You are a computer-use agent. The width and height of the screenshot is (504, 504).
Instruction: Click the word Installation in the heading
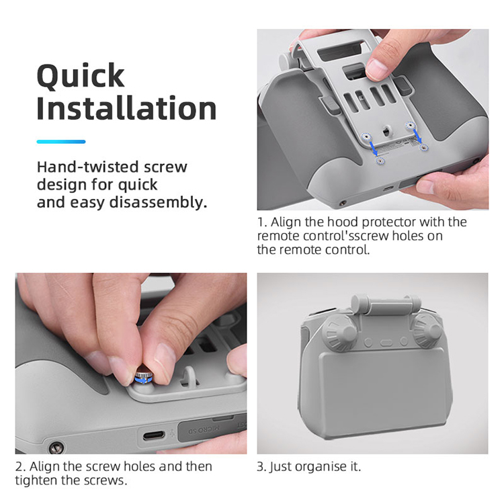click(126, 108)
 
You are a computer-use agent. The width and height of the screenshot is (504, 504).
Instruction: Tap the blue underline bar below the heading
click(61, 141)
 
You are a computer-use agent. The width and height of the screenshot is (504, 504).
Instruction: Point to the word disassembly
click(157, 202)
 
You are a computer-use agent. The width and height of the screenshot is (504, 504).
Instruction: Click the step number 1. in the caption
click(262, 222)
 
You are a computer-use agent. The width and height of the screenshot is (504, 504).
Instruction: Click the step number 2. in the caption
click(20, 466)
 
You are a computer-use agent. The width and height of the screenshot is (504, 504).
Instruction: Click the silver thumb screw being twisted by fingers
click(144, 378)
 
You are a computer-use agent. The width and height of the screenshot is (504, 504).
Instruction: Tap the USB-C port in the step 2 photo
click(154, 435)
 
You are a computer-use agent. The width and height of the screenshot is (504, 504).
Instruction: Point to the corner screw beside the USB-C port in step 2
click(56, 447)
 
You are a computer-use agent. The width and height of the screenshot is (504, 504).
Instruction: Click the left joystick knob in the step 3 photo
click(339, 333)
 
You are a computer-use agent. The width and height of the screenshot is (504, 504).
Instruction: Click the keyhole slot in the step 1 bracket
click(386, 131)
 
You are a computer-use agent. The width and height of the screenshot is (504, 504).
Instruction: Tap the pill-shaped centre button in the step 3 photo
click(386, 342)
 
